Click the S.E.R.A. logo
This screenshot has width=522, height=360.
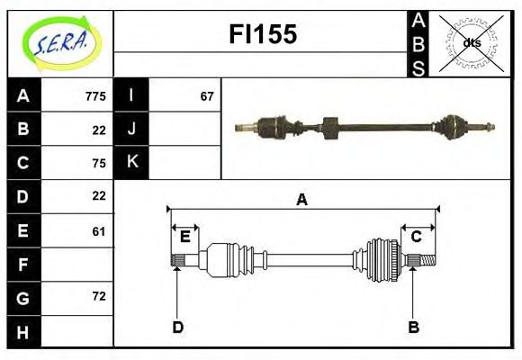tap(60, 42)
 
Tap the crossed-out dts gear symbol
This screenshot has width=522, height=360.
tap(472, 42)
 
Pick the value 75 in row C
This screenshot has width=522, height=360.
tap(99, 163)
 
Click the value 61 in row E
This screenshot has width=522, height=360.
tap(99, 231)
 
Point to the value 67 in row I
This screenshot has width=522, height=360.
tap(207, 95)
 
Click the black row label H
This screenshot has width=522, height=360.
tap(23, 333)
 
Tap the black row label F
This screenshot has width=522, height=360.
tap(23, 265)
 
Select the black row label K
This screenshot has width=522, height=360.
tap(131, 163)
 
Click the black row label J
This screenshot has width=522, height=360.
tap(131, 129)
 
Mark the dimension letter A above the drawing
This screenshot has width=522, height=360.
tap(302, 200)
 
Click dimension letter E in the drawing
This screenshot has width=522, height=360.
tap(185, 237)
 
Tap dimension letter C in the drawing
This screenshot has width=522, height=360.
tap(417, 237)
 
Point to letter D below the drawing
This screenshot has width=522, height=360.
tap(177, 327)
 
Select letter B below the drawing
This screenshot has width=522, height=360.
tap(414, 327)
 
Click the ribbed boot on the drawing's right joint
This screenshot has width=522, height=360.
tap(382, 260)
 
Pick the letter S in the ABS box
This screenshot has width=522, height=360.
tap(418, 66)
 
